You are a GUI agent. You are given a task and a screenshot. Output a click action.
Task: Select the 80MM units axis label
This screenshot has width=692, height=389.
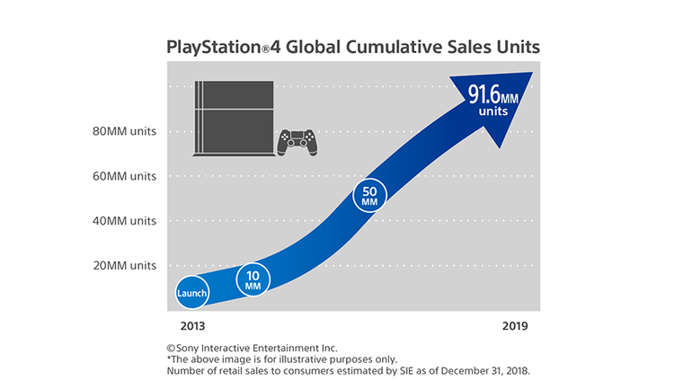pyautogui.click(x=125, y=131)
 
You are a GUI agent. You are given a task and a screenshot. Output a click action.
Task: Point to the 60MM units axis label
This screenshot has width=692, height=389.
pyautogui.click(x=125, y=176)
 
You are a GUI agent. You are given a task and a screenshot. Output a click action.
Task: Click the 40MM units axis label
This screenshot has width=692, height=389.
pyautogui.click(x=125, y=221)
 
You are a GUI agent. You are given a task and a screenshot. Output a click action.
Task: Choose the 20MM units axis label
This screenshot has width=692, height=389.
pyautogui.click(x=125, y=266)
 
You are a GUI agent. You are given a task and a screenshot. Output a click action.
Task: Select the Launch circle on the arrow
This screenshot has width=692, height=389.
pyautogui.click(x=191, y=293)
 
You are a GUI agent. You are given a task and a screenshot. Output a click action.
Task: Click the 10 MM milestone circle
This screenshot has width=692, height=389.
pyautogui.click(x=253, y=280)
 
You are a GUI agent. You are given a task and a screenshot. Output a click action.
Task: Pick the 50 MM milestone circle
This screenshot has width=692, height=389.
pyautogui.click(x=369, y=196)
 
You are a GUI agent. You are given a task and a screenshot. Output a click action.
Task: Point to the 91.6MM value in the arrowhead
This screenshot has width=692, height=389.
pyautogui.click(x=492, y=95)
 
